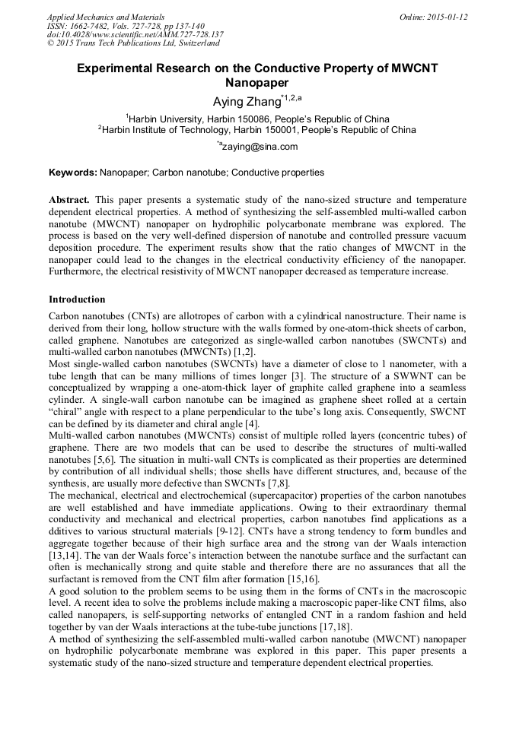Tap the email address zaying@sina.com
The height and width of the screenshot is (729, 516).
coord(260,147)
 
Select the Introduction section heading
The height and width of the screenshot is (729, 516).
coord(77,300)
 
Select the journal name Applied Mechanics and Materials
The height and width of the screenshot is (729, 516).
coord(105,17)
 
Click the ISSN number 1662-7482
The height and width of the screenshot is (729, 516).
coord(95,26)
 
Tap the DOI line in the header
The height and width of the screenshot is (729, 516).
coord(135,35)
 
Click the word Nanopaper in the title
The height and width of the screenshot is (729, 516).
coord(257,82)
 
